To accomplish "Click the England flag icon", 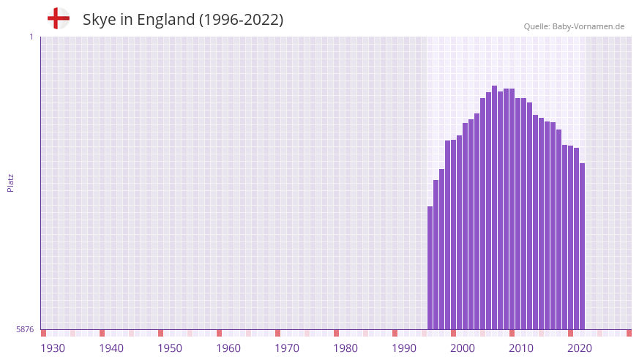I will coord(59,18).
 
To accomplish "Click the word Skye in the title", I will coord(98,20).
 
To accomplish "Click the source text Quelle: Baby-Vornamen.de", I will coord(574,26).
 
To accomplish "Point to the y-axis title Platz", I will coord(10,182).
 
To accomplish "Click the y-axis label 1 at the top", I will coord(31,37).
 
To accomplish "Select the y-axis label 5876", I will coord(25,330).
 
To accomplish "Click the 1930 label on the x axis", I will coord(53,348).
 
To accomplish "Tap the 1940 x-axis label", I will coord(111,348).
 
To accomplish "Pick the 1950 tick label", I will coord(170,348).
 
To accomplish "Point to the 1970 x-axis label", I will coord(287,348).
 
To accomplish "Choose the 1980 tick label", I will coord(345,348).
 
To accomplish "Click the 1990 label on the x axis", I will coord(404,348).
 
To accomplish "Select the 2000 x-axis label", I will coord(463,348).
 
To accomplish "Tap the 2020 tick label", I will coord(580,348).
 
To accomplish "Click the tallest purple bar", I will coord(494,209).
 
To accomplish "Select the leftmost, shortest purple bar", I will coord(430,268).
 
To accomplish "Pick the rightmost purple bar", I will coord(582,247).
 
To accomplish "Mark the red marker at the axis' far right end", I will coord(629,333).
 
